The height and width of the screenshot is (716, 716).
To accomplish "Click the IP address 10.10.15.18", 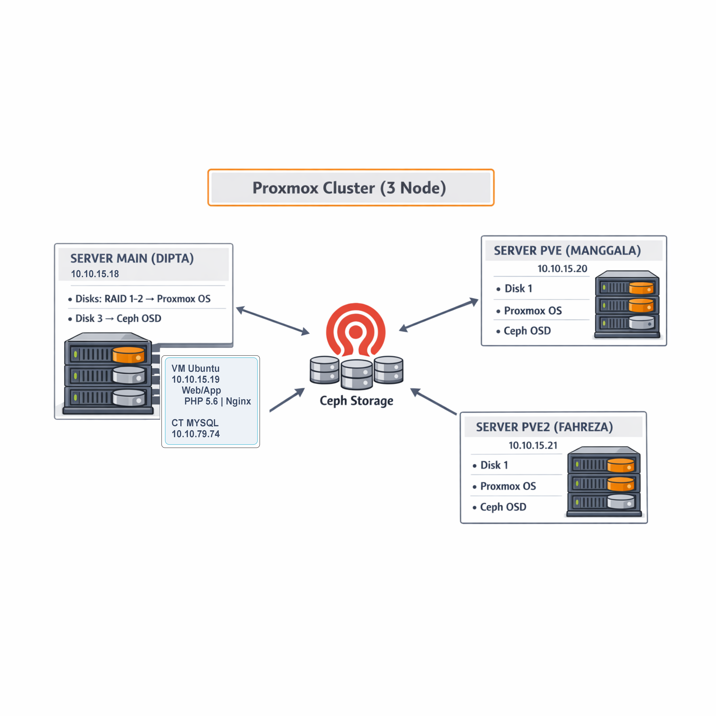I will click(95, 274).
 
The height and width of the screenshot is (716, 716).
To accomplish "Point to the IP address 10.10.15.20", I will click(562, 269).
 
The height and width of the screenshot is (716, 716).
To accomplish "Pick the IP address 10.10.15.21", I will click(533, 445).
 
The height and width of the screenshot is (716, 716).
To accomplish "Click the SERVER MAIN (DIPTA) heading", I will click(132, 258).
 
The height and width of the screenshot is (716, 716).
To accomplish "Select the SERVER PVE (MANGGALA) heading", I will click(567, 250).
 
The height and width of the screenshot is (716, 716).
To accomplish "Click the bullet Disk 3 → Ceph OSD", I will click(118, 318).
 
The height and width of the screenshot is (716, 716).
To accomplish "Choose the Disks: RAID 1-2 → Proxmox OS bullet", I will click(143, 299).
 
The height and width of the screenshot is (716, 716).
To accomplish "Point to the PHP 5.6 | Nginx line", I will click(218, 401).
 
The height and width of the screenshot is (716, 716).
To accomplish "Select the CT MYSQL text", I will click(195, 423).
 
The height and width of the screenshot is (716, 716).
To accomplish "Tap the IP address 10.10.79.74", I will click(196, 434).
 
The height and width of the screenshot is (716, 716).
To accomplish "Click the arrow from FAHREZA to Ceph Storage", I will click(434, 401).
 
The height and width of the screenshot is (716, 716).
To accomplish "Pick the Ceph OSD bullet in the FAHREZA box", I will click(503, 507).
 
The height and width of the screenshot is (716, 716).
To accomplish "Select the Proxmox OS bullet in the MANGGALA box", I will click(532, 311).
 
